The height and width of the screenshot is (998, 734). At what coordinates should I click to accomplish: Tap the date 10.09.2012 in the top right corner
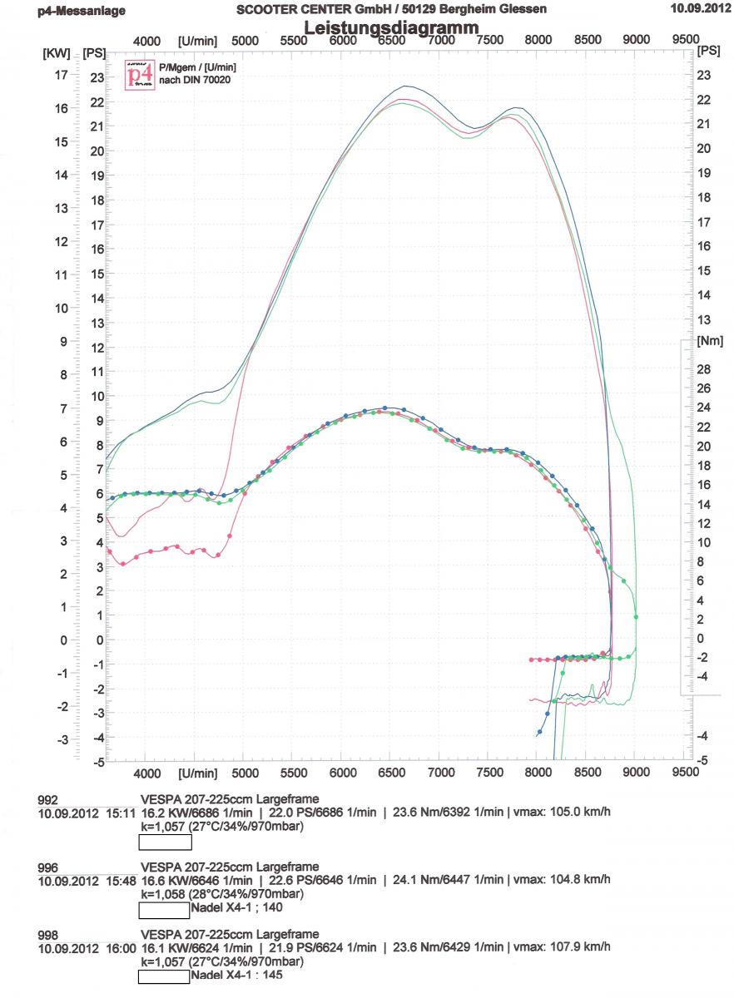(697, 9)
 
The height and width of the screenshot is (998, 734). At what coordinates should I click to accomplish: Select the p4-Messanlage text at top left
(82, 11)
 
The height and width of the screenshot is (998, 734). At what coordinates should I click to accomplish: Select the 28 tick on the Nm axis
(702, 368)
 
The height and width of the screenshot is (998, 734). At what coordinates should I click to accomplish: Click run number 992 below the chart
(48, 799)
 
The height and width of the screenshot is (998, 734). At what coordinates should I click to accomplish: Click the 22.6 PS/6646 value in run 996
(315, 878)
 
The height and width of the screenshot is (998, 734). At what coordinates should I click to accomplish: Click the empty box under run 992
(165, 842)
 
